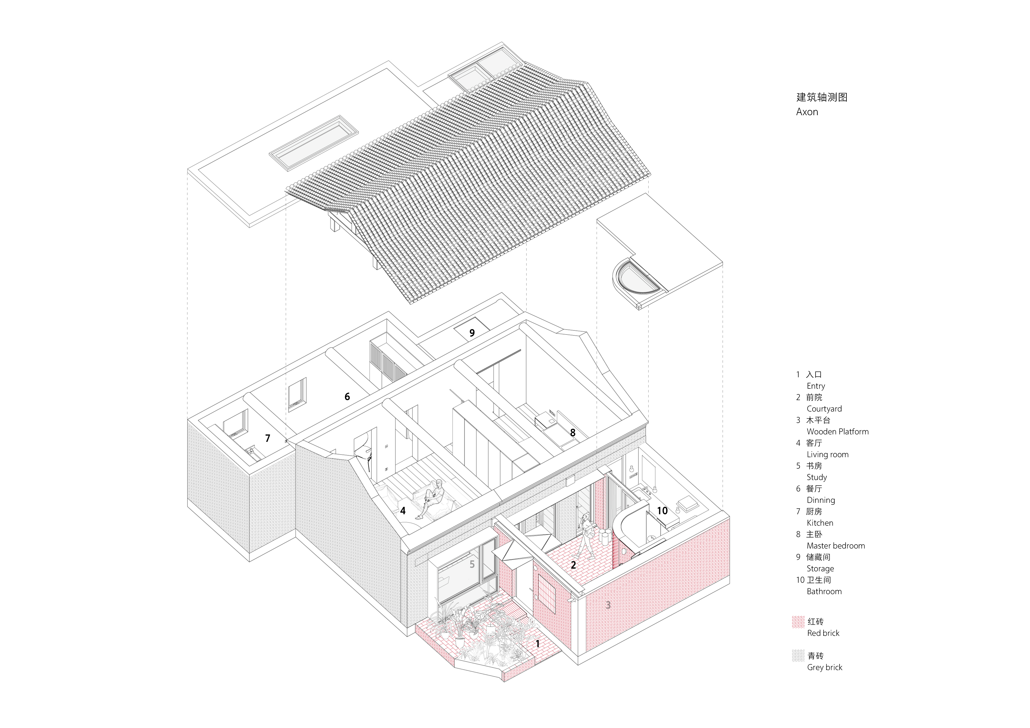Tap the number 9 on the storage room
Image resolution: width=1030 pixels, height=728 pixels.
[x=472, y=333]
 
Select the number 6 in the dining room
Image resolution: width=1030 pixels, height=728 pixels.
[x=347, y=397]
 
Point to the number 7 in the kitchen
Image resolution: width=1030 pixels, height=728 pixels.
[x=268, y=438]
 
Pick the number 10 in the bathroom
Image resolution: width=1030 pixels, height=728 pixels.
[x=662, y=511]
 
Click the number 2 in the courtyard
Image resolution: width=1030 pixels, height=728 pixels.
[x=573, y=565]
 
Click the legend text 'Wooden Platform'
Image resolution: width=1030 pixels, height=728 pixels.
[x=837, y=431]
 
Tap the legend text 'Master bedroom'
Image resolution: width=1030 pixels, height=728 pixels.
[x=835, y=546]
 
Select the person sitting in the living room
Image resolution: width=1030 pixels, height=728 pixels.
[x=433, y=496]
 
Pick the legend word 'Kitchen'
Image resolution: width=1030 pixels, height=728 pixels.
[x=820, y=523]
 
